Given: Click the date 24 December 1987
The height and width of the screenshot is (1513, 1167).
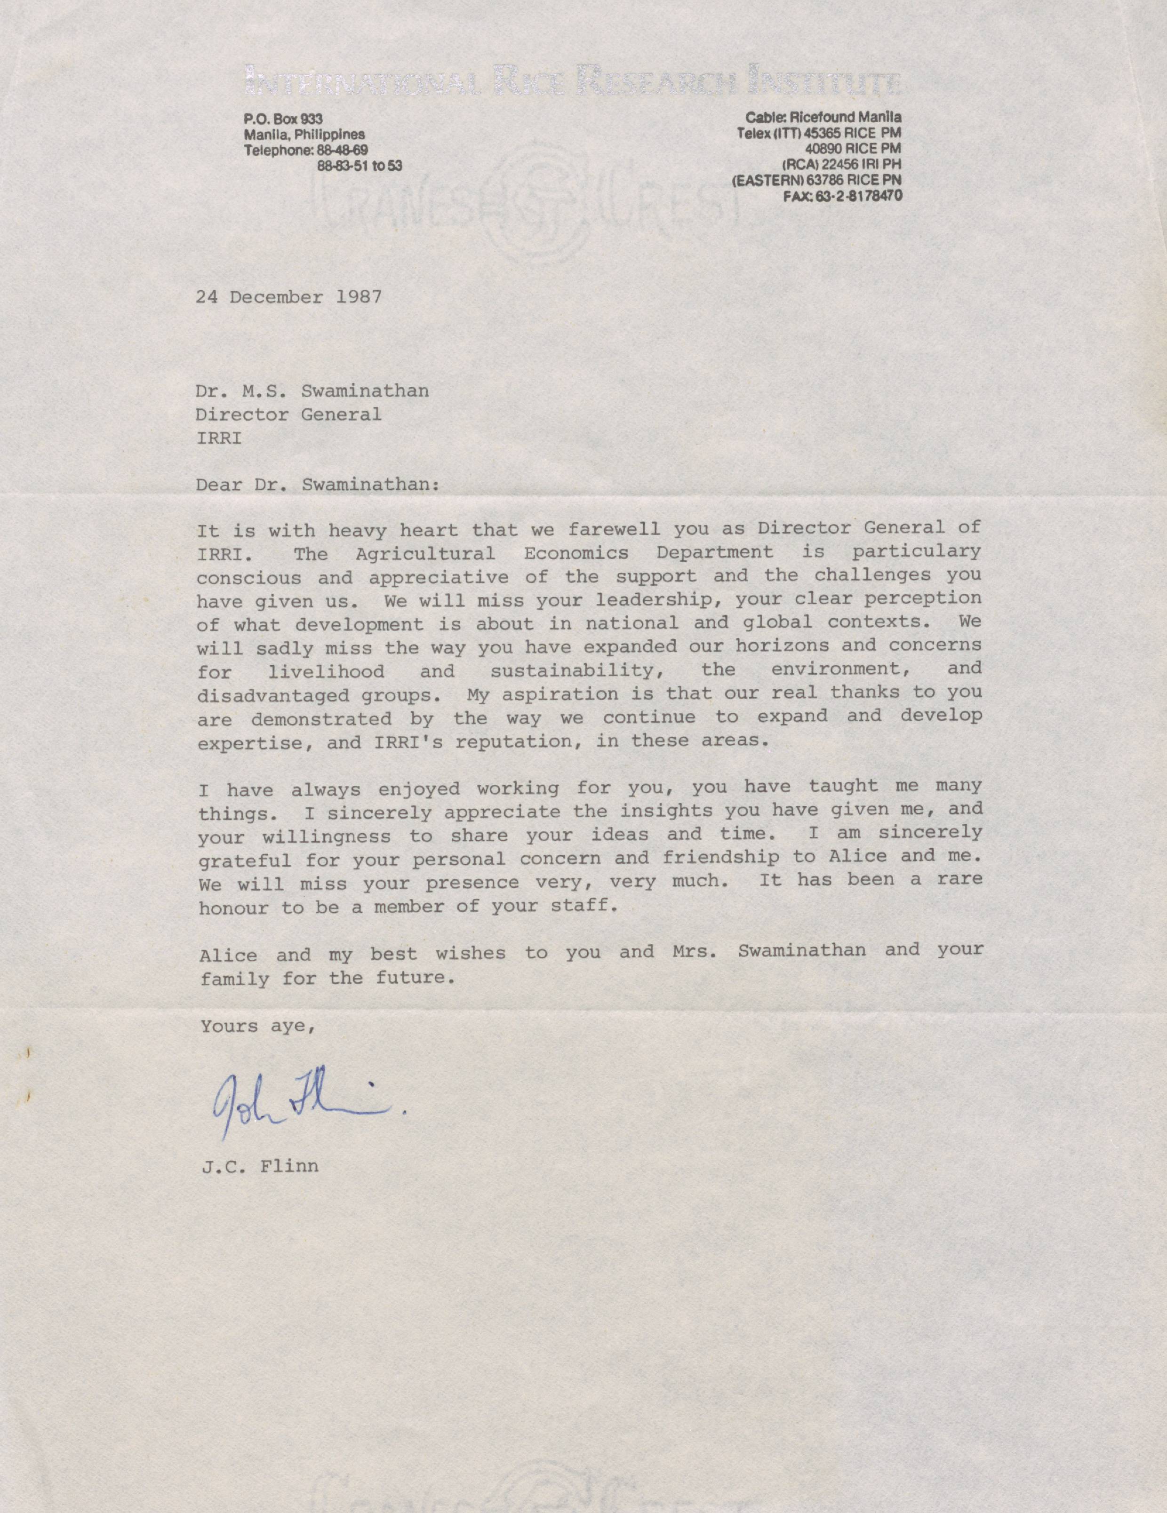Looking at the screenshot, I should (x=288, y=297).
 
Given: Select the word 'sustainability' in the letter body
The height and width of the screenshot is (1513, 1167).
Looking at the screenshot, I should (x=572, y=670).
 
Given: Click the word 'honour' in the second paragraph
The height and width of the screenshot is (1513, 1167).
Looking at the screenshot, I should (x=232, y=908).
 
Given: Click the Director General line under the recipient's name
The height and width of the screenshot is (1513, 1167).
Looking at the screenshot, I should (x=288, y=414).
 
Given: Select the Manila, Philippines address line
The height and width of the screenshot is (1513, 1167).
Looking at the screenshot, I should (x=304, y=135).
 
